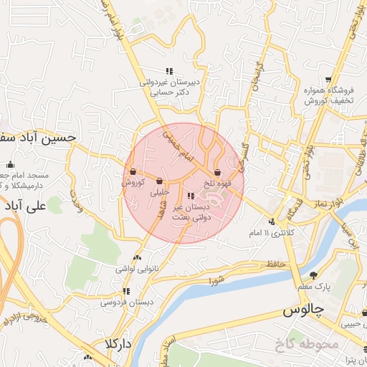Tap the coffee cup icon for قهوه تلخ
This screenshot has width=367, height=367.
point(217,173)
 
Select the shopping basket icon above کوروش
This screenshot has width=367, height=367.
point(133,171)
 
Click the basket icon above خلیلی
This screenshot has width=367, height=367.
point(158,181)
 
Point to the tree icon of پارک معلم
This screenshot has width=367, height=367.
point(313,275)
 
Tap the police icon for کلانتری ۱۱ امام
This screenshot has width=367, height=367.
point(272,221)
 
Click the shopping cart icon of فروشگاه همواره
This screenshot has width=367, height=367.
point(328,80)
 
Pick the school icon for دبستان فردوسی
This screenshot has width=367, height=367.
point(127,291)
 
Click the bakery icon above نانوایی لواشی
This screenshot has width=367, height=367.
point(137,258)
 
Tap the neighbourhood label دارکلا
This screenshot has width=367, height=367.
point(118,343)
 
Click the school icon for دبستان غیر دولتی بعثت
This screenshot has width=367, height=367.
point(190,195)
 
